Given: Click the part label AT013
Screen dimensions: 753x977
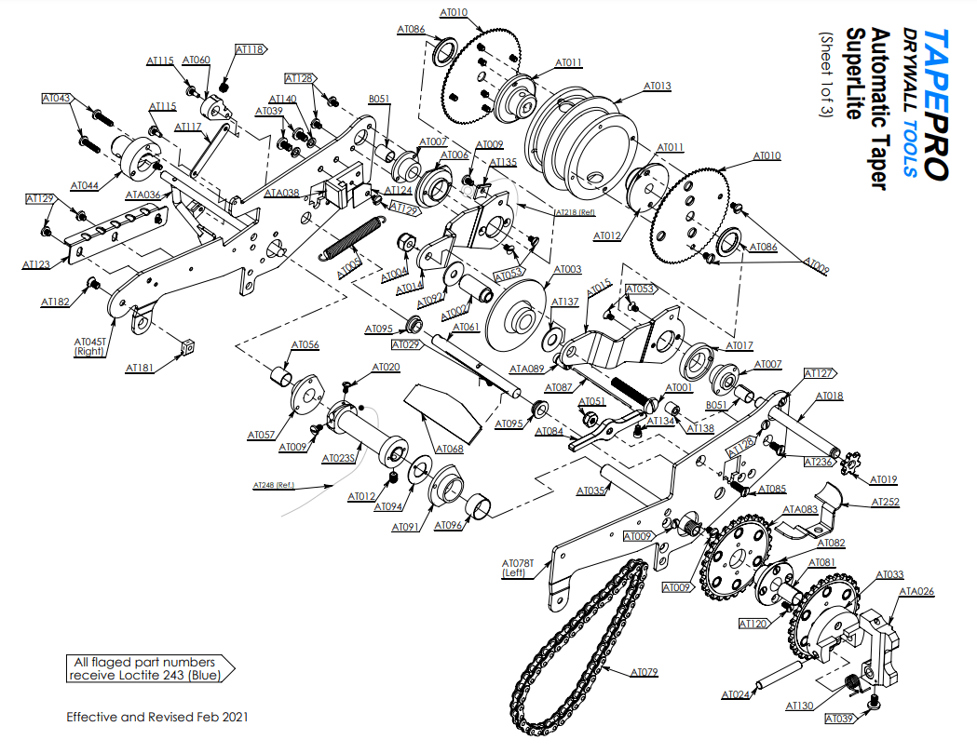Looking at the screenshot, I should [x=658, y=86].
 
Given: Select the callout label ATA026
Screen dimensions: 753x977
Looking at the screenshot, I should [x=916, y=591].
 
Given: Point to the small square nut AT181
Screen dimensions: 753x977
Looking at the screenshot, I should [x=188, y=346].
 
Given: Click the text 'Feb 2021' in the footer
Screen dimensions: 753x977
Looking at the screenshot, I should [x=223, y=718].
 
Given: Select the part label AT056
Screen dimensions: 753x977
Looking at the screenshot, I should [x=305, y=345].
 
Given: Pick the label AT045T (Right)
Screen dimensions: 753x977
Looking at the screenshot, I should [x=89, y=347].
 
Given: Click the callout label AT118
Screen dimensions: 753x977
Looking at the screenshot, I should [x=250, y=49].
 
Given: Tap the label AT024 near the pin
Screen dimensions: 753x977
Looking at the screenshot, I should [x=737, y=694].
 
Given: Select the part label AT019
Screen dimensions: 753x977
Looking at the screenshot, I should [x=883, y=480].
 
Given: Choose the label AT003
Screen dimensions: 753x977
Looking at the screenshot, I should [x=567, y=270].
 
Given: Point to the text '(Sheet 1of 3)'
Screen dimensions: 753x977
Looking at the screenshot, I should [x=826, y=75].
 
